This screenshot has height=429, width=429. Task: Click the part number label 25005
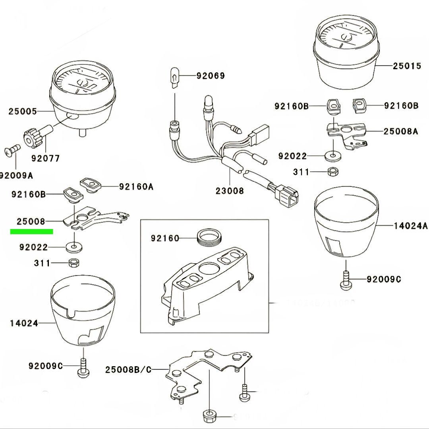(x=23, y=111)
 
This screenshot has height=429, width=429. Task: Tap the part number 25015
(x=407, y=66)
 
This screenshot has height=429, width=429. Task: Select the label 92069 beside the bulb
(x=210, y=75)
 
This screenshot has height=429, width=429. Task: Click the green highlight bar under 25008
(x=32, y=231)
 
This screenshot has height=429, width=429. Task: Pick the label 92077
(x=46, y=159)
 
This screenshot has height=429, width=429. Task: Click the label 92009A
(x=16, y=175)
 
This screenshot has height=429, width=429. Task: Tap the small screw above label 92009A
(x=13, y=151)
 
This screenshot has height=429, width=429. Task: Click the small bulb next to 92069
(x=174, y=76)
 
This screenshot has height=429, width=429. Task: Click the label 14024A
(x=411, y=226)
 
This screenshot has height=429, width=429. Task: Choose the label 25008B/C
(x=128, y=370)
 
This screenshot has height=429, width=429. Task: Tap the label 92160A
(x=136, y=186)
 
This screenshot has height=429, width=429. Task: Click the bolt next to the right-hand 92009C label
(x=345, y=279)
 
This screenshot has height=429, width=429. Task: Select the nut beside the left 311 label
(x=73, y=263)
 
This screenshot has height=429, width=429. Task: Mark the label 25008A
(x=400, y=131)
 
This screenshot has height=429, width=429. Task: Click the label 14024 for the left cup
(x=24, y=323)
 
